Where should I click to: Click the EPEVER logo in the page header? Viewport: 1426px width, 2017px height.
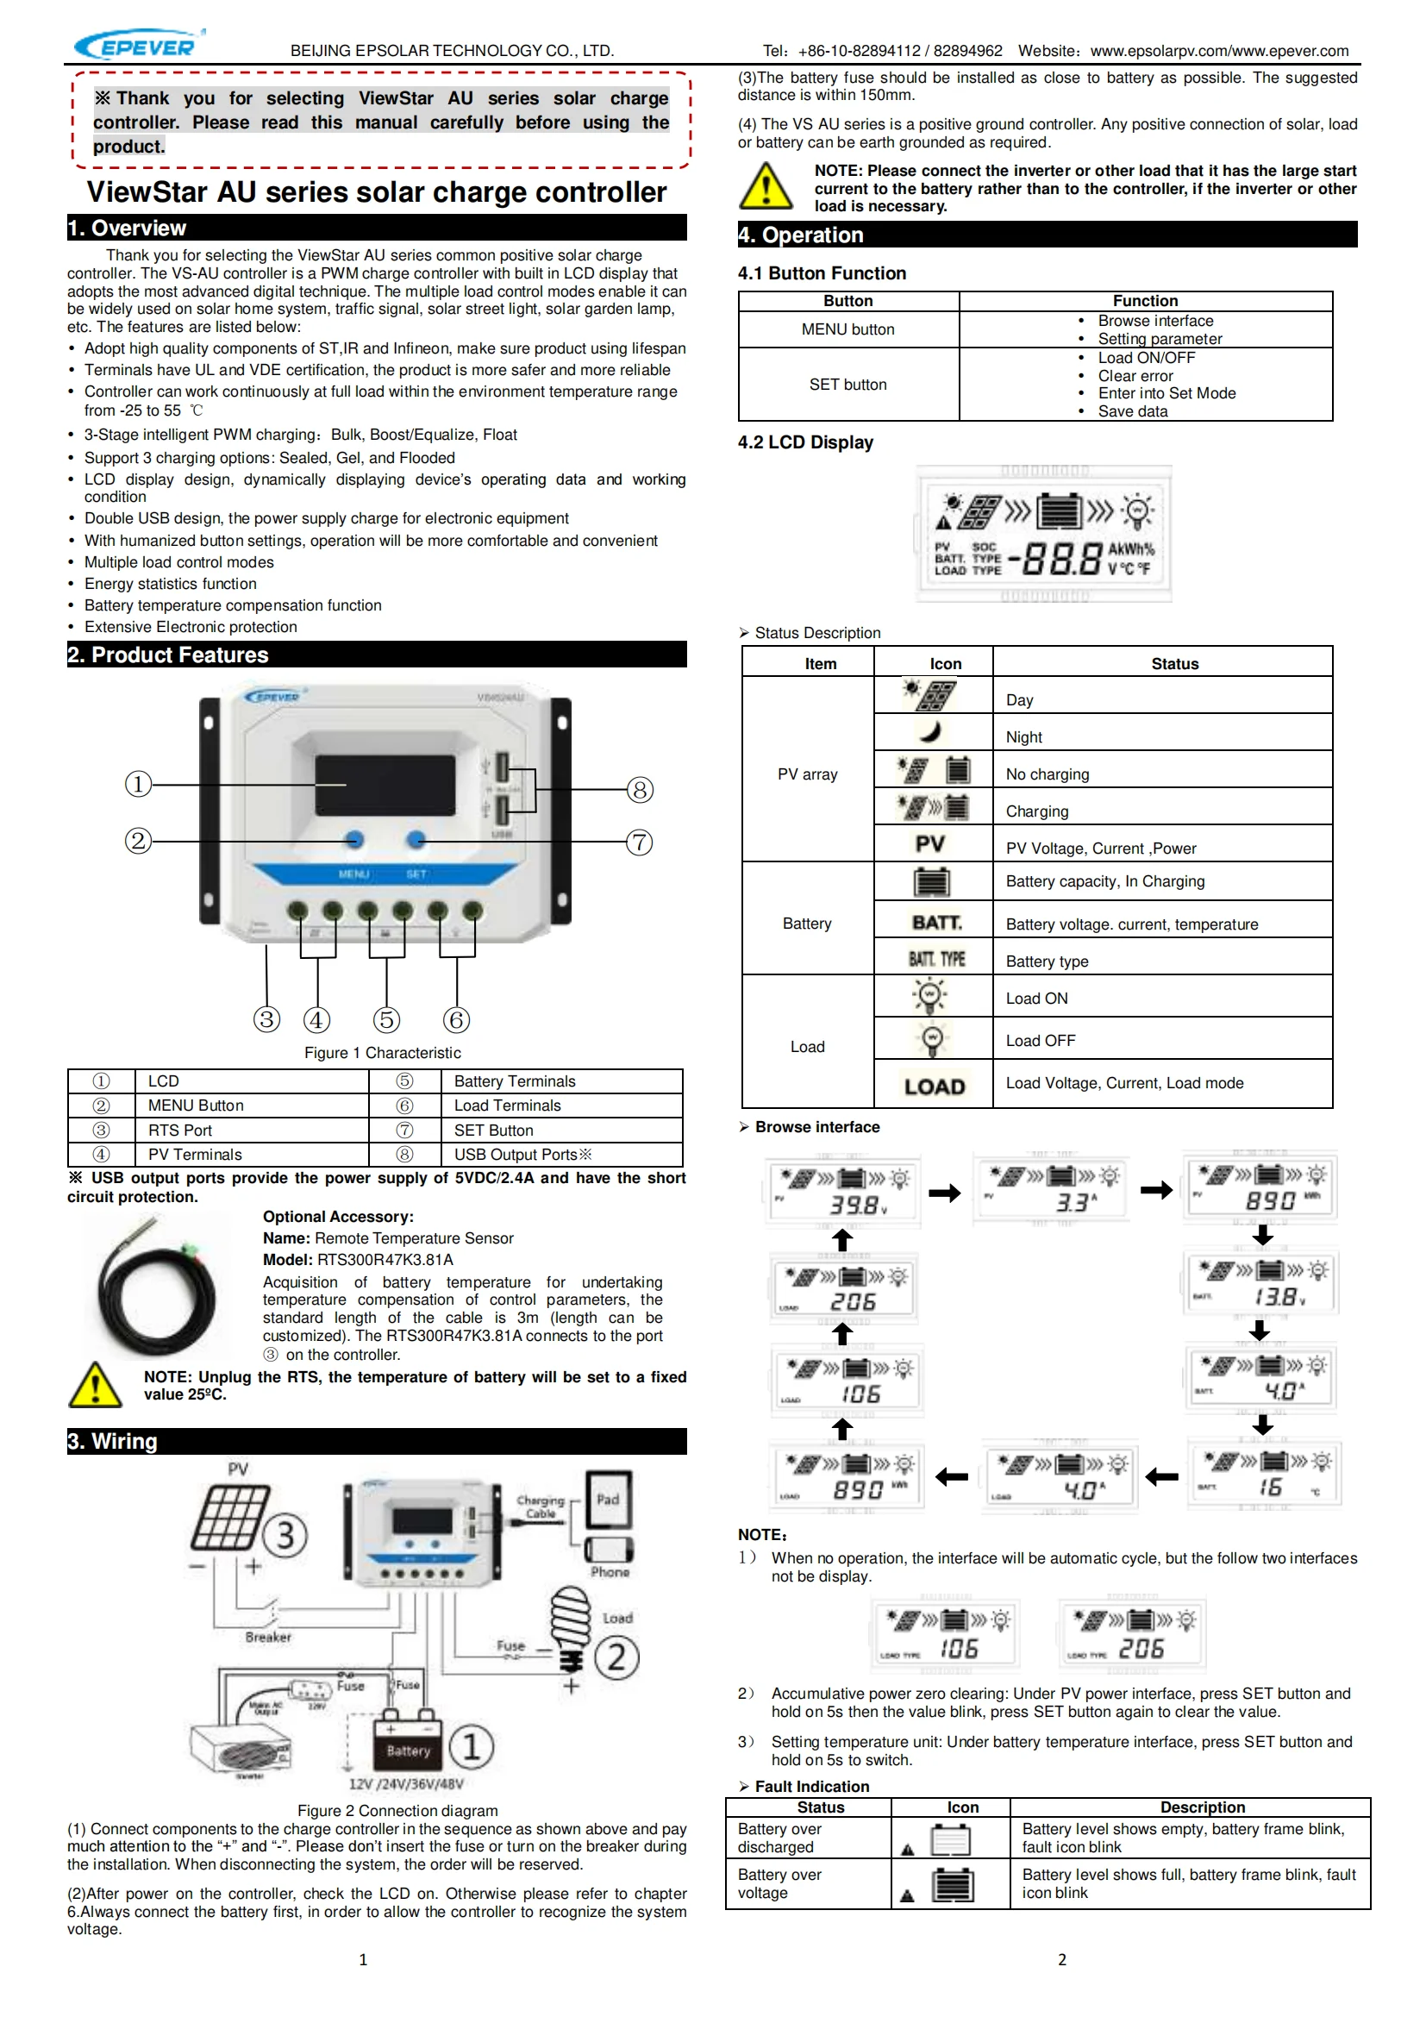click(x=138, y=45)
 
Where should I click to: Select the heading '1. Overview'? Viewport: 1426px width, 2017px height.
click(x=128, y=229)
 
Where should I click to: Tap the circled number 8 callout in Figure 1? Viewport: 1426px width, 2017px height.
click(x=640, y=790)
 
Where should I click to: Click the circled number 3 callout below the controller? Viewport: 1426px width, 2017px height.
click(x=267, y=1019)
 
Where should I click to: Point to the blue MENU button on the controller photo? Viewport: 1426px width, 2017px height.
click(x=354, y=840)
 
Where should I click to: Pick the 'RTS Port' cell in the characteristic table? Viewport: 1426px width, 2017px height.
click(x=180, y=1131)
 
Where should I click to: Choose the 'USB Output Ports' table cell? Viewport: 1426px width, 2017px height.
click(x=522, y=1155)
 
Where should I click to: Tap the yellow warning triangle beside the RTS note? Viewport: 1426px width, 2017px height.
click(x=95, y=1385)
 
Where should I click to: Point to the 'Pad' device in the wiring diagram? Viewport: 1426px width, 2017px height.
click(x=609, y=1500)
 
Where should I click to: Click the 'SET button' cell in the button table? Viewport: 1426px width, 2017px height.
click(x=848, y=385)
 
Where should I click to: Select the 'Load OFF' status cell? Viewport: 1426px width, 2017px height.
click(x=1041, y=1041)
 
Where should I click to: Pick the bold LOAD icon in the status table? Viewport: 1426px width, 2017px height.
click(x=935, y=1087)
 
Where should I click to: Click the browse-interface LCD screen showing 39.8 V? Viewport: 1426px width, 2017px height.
click(x=845, y=1192)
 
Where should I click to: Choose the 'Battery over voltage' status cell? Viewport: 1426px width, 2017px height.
click(x=779, y=1883)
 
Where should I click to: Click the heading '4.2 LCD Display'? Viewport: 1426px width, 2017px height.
click(x=805, y=442)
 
